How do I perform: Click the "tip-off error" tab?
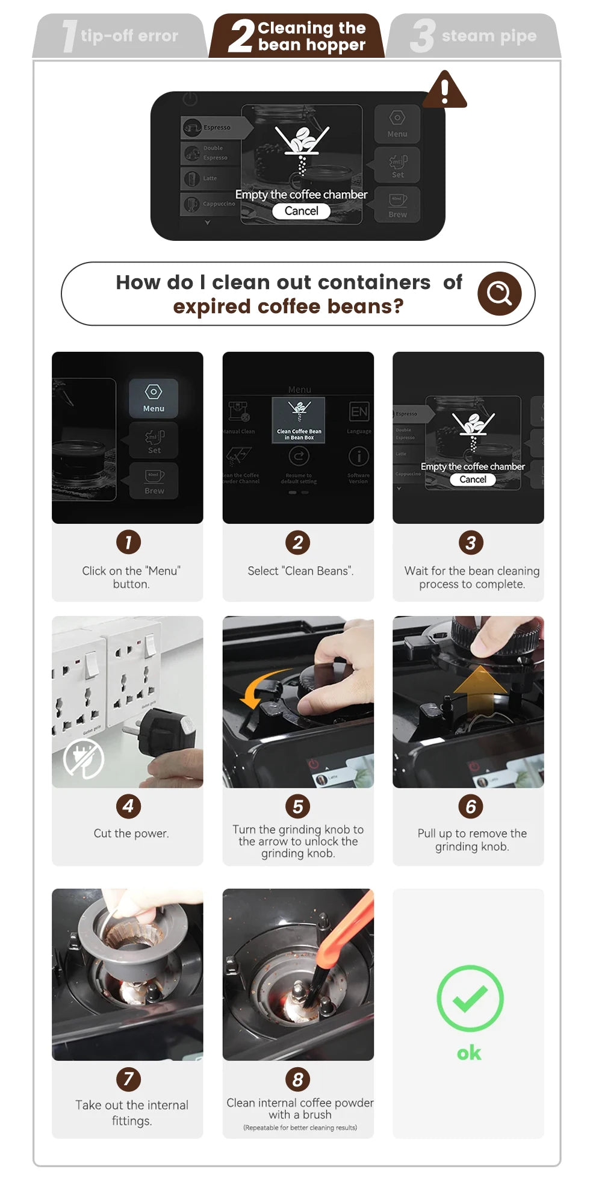[x=120, y=36]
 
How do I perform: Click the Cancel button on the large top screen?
[x=301, y=211]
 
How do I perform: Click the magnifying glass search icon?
[x=499, y=293]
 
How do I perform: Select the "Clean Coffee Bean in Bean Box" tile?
[x=299, y=420]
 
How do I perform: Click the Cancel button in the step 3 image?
[x=473, y=479]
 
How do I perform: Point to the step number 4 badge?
[x=128, y=806]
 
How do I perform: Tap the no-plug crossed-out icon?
[x=84, y=759]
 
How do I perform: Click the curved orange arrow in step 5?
[x=265, y=687]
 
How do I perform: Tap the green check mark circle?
[x=470, y=998]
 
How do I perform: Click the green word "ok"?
[x=469, y=1053]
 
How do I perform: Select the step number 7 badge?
[x=128, y=1079]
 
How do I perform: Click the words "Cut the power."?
[x=131, y=834]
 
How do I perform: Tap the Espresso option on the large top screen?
[x=216, y=128]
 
